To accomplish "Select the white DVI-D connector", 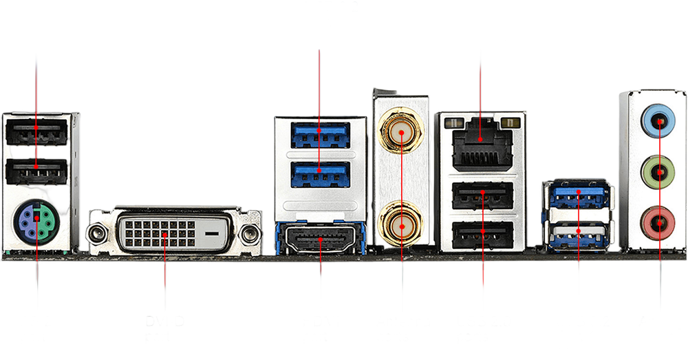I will (165, 232).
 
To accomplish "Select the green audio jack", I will (659, 170).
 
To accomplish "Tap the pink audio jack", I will (659, 221).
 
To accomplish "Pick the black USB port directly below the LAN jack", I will (482, 196).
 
